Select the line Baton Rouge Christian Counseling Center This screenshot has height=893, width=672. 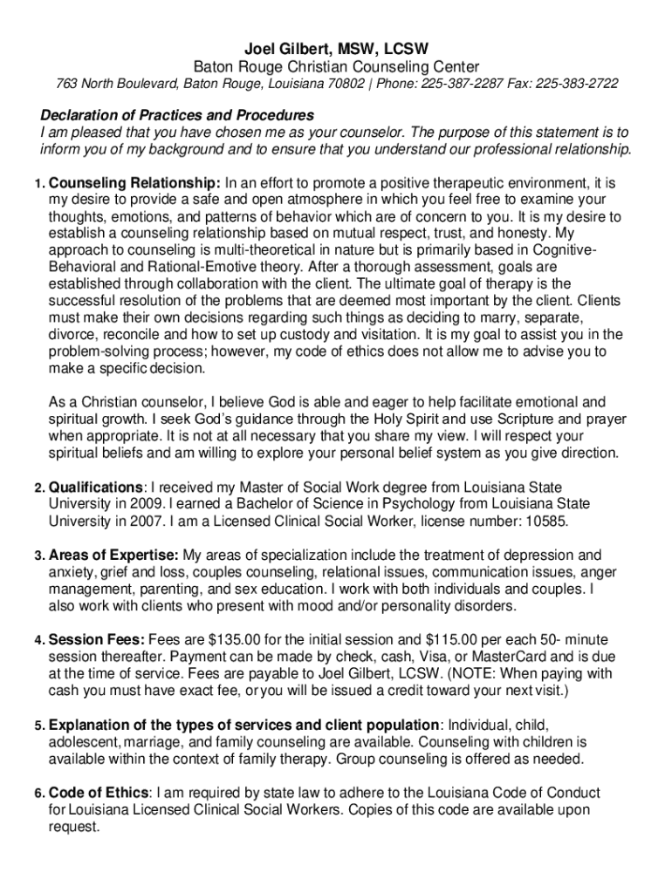(336, 67)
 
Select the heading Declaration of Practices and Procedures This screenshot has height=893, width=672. (177, 116)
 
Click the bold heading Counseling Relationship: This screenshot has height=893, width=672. (134, 183)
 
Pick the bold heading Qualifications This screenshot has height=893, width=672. (96, 487)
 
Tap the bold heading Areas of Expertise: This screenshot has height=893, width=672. (113, 556)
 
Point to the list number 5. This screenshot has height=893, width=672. (39, 726)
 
